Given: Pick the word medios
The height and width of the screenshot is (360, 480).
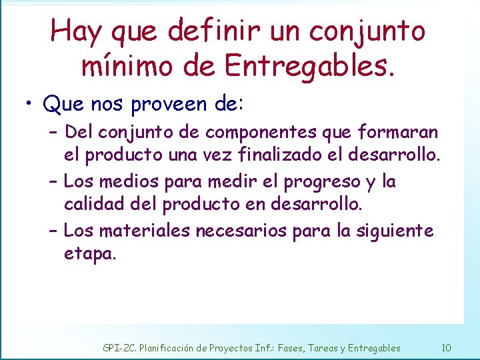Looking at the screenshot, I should coord(123,181).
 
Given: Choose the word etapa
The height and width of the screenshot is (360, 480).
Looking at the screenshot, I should coord(90,254).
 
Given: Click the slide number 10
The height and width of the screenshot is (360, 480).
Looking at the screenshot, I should coord(446,347).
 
